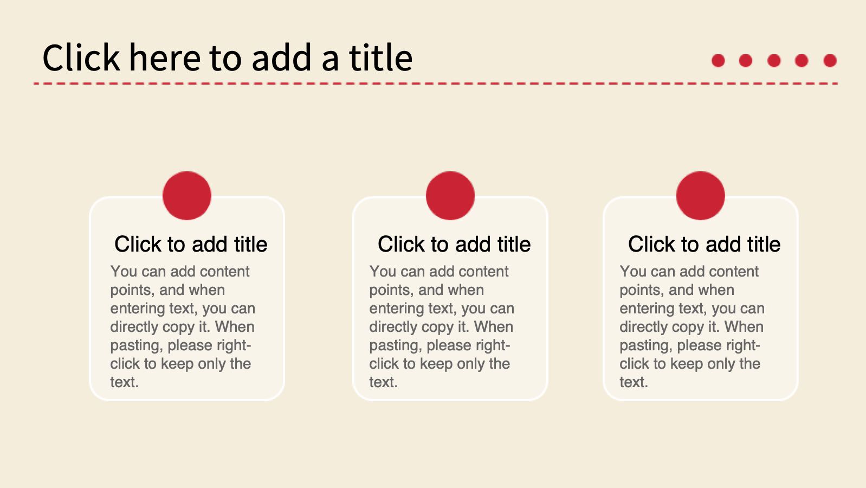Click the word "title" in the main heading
381,57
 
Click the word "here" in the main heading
165,57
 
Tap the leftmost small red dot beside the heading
718,61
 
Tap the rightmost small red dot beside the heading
830,61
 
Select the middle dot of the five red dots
774,61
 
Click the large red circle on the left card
187,196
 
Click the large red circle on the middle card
450,196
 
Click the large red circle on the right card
701,196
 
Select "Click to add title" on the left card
191,245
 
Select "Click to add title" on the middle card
454,245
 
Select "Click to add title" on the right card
705,245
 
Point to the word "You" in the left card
124,272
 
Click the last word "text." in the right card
634,382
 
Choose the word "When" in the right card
744,327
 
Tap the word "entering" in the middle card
395,309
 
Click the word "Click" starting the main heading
81,57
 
